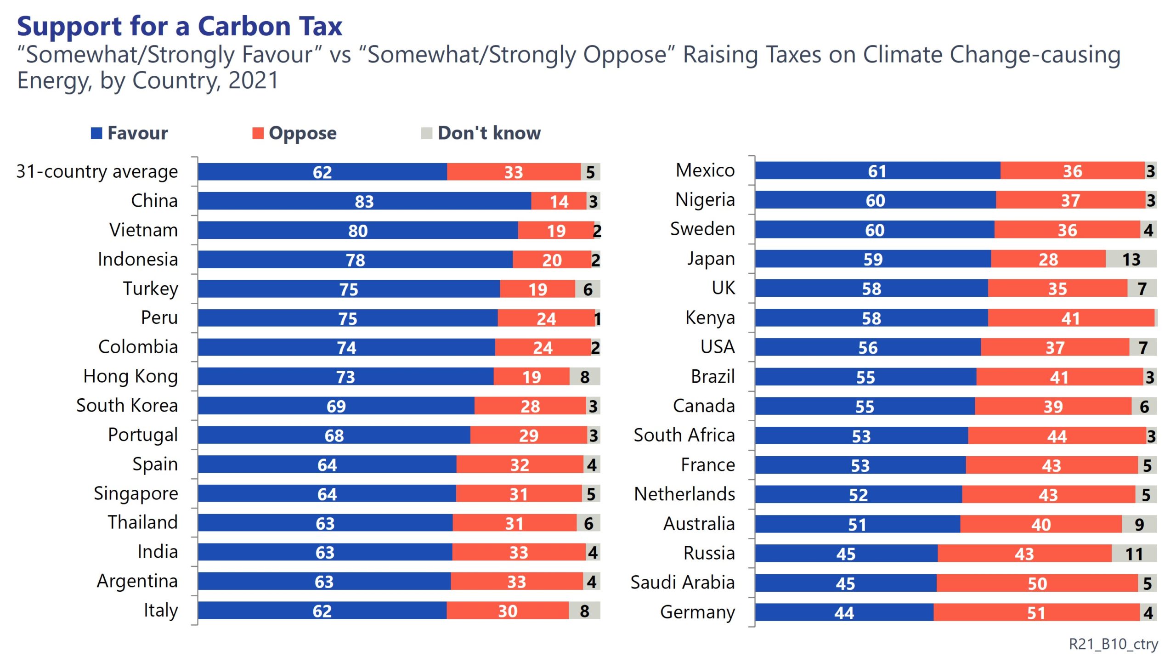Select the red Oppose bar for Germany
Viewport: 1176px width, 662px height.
[1036, 613]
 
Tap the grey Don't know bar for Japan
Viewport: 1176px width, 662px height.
[1131, 260]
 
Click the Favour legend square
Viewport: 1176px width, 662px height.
[96, 133]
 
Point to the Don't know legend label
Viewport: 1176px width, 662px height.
[489, 133]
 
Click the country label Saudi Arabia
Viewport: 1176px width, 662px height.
[683, 583]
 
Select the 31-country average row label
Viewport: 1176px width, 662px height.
[97, 171]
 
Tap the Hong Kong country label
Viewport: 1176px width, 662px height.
[130, 376]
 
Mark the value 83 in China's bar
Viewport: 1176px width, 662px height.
[364, 202]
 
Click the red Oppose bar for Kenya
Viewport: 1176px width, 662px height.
[1071, 318]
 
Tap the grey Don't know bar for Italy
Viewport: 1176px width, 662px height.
[584, 611]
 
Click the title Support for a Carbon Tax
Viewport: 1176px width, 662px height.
[180, 26]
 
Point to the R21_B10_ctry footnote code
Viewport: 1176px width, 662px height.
[1114, 644]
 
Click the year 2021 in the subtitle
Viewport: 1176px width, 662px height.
[254, 81]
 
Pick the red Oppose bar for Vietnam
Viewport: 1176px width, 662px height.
[556, 231]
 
